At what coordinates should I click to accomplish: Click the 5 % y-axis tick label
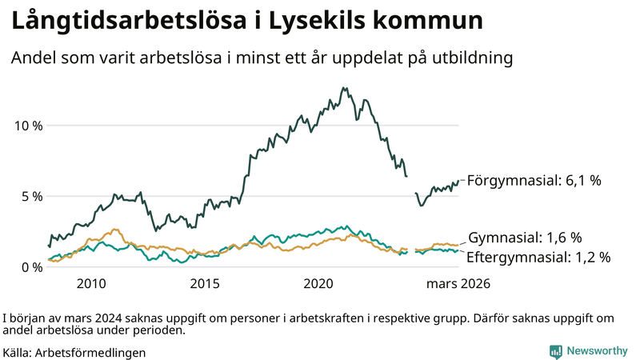[x=30, y=196]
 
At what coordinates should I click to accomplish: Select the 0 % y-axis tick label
[x=30, y=266]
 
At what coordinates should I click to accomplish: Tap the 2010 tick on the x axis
[x=91, y=283]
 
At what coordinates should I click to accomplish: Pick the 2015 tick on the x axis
[x=206, y=283]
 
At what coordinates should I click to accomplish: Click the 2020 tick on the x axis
[x=320, y=283]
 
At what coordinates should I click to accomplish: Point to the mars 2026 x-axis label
[x=458, y=283]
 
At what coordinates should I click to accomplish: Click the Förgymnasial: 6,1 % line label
[x=534, y=181]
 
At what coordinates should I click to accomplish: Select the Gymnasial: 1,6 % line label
[x=524, y=238]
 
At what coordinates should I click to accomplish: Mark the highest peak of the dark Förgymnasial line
[x=344, y=88]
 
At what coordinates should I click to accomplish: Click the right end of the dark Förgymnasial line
[x=459, y=181]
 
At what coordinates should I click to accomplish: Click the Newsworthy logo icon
[x=554, y=351]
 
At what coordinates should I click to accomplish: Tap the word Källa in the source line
[x=17, y=352]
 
